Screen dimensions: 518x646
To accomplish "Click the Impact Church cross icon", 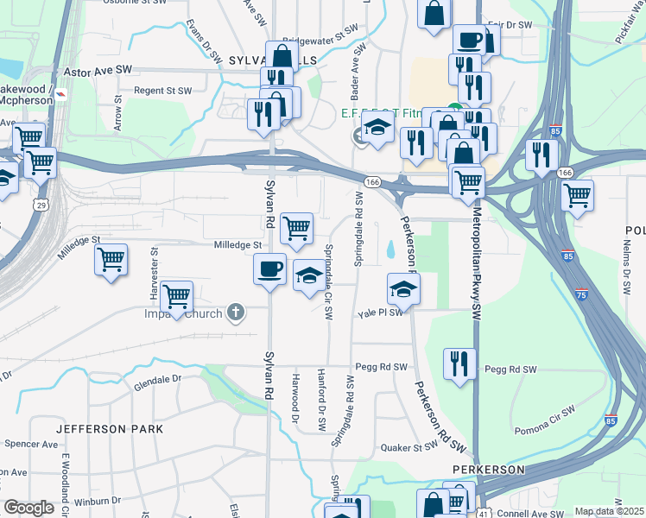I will (x=236, y=312).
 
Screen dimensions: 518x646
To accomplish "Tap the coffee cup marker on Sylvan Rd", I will (x=269, y=269).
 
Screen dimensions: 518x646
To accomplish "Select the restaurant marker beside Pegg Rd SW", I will (x=459, y=363).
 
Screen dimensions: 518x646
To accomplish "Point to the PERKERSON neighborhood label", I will (x=488, y=469).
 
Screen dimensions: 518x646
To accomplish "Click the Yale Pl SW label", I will (x=381, y=313).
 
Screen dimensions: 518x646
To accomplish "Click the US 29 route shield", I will (x=41, y=205).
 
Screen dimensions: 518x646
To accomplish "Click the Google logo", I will (x=28, y=508).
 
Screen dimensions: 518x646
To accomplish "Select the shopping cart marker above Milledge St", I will (x=296, y=229).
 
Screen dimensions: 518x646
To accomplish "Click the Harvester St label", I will (x=155, y=275).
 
